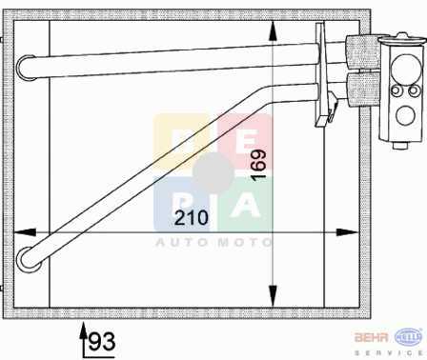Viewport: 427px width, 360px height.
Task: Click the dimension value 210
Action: point(192,218)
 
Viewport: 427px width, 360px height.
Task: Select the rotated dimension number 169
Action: point(259,165)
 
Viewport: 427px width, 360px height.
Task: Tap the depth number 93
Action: point(102,342)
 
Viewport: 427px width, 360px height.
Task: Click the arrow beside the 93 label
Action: point(84,340)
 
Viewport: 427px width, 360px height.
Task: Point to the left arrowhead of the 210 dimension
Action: point(25,232)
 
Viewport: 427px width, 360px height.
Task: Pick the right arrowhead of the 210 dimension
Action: point(347,232)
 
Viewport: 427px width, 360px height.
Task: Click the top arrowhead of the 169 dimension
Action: point(273,31)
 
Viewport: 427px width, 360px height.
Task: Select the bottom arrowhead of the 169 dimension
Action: point(273,296)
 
